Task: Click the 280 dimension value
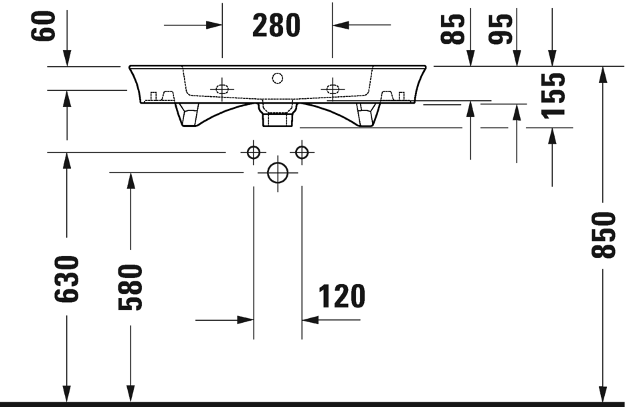click(276, 25)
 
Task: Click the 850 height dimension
click(604, 235)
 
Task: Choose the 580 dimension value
click(130, 287)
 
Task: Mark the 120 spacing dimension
click(341, 297)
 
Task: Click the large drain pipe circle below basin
click(277, 172)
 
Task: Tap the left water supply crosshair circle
click(253, 152)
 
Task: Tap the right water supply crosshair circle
click(302, 152)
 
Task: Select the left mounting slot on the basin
click(222, 88)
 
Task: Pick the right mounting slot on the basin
click(332, 88)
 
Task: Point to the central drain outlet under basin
click(277, 115)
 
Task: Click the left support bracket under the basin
click(189, 114)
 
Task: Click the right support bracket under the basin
click(366, 114)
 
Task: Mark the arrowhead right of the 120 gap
click(310, 320)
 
